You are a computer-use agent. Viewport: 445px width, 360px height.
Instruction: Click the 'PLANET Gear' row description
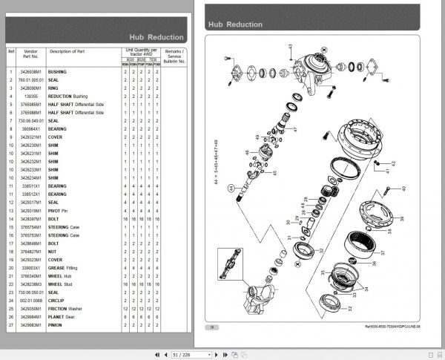point(63,315)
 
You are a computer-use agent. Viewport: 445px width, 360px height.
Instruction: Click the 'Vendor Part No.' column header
point(30,53)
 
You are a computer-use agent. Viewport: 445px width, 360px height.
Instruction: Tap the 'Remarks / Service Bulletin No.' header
point(174,53)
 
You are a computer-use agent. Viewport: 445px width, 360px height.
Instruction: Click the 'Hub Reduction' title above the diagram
point(235,24)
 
